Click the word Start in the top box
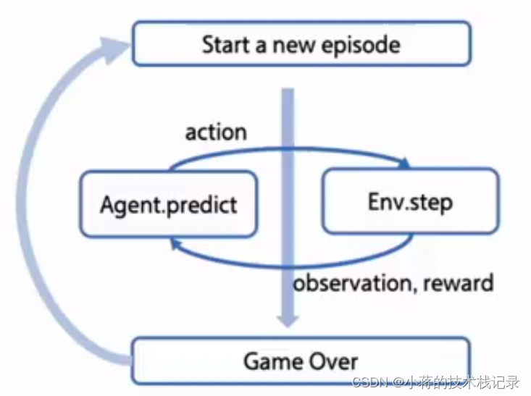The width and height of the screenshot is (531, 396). pos(226,44)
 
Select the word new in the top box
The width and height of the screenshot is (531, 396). pos(294,46)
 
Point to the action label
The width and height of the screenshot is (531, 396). pos(216,132)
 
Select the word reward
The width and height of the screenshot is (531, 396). pos(459,283)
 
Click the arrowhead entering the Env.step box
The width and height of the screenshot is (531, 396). pos(405,164)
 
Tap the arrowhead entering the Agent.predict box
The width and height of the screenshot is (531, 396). pos(175,243)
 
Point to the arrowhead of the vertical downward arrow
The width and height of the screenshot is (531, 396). pos(288,321)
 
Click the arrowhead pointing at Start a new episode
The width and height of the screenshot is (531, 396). pos(114,49)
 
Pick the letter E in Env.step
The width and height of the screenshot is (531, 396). pos(374,201)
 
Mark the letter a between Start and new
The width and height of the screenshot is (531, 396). pos(261,46)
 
